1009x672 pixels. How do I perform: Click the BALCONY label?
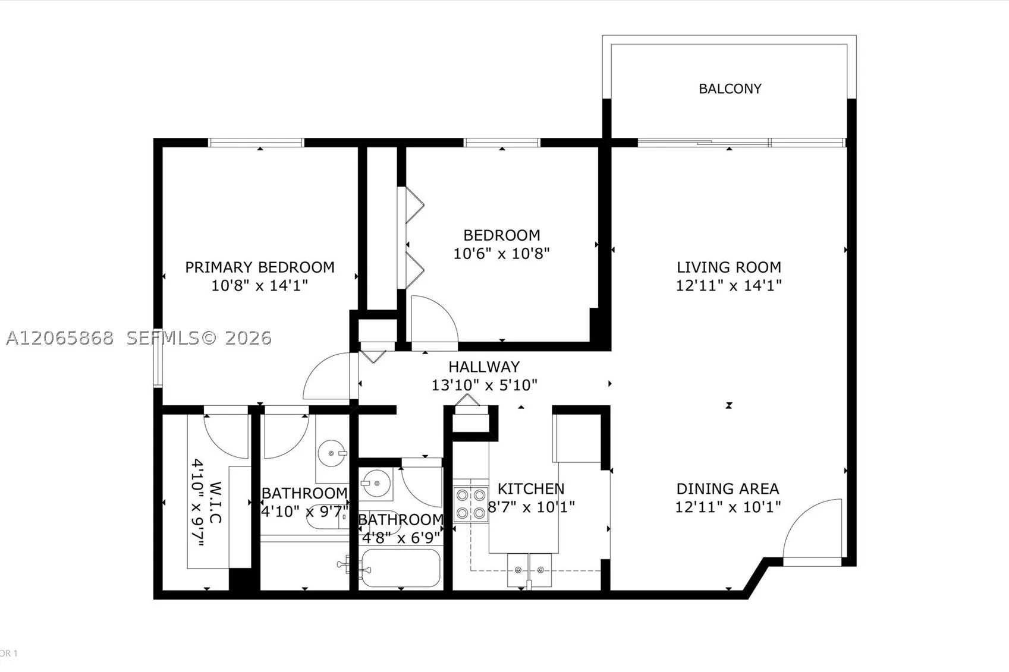click(x=730, y=89)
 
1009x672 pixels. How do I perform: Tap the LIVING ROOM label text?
click(x=729, y=267)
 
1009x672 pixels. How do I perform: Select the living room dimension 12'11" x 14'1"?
click(x=728, y=285)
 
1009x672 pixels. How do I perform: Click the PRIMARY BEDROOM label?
click(x=260, y=267)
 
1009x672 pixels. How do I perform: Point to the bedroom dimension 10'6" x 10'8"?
click(x=501, y=253)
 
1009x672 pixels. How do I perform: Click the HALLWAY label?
click(x=484, y=367)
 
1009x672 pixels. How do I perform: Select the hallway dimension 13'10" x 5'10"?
click(x=484, y=385)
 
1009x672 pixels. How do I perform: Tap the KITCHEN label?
click(x=530, y=488)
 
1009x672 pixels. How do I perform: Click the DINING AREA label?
click(x=728, y=488)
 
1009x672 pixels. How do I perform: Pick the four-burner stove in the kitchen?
click(x=471, y=505)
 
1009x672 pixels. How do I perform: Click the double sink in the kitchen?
click(x=529, y=570)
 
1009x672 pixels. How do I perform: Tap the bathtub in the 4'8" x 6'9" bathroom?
click(x=401, y=567)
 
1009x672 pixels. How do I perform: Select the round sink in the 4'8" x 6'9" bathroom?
click(x=376, y=483)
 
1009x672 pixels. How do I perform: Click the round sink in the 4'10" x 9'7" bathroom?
click(x=332, y=453)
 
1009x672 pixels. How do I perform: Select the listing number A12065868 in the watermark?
click(x=59, y=338)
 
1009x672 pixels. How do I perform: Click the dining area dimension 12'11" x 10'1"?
click(x=728, y=507)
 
